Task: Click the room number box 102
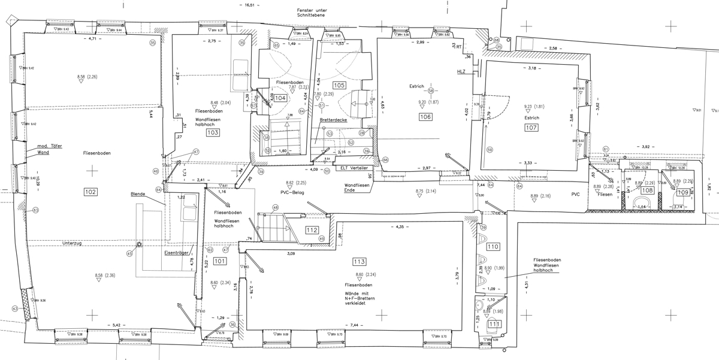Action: coord(90,192)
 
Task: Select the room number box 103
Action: coord(212,132)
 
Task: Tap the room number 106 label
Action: coord(425,117)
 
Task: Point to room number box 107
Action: coord(531,128)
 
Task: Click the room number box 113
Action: coord(359,261)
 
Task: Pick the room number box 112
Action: coord(311,230)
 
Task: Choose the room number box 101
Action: coord(219,261)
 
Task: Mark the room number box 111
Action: coord(494,324)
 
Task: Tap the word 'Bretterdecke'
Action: coord(334,120)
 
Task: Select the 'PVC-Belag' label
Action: coord(293,193)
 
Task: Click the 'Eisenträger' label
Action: coord(177,253)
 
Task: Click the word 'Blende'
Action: coord(138,194)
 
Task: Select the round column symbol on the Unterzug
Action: coord(138,244)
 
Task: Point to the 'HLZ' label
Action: coord(461,72)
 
